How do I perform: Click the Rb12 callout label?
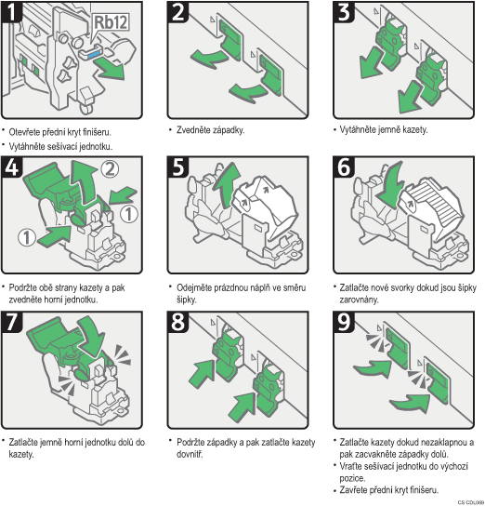pos(111,22)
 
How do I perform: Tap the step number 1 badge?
pos(11,12)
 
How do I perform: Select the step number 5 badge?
pos(177,166)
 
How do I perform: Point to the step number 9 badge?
pos(344,322)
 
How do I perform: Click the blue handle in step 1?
pos(95,54)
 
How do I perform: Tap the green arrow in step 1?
pos(111,69)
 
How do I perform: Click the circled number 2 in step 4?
pos(110,168)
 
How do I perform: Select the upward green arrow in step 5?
pos(227,184)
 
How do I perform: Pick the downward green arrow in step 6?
pos(390,184)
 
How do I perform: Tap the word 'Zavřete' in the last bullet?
pos(353,490)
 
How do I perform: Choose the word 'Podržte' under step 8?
pos(190,442)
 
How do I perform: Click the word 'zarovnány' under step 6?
pos(359,300)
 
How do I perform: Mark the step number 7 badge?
pos(11,322)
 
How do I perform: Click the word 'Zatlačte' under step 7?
pos(23,442)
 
